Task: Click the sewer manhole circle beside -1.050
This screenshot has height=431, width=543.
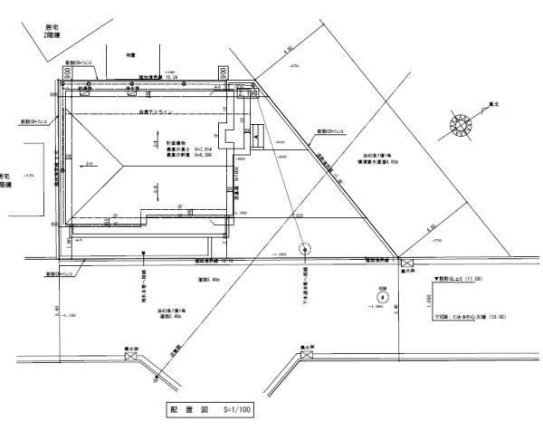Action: [x=304, y=246]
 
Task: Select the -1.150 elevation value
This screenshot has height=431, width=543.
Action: [x=69, y=315]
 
